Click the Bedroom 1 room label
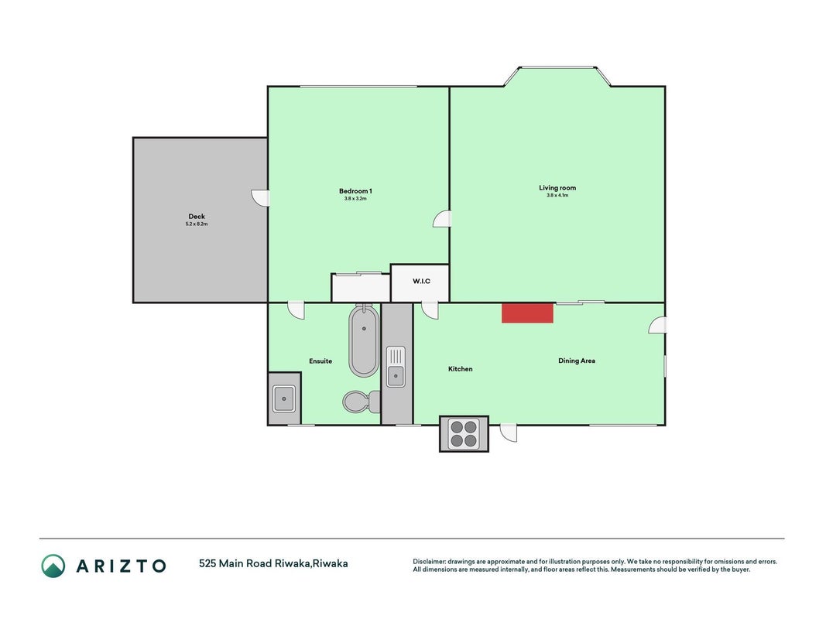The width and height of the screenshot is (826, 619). click(355, 191)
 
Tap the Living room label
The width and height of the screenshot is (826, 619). click(557, 188)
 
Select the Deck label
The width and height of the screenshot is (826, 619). click(197, 217)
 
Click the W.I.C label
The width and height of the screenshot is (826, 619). click(421, 281)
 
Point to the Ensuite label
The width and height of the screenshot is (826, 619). click(320, 361)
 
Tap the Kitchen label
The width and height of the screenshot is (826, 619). click(461, 369)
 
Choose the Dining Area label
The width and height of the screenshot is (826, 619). click(577, 361)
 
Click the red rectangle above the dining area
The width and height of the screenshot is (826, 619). click(527, 313)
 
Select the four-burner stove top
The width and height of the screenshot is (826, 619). click(464, 434)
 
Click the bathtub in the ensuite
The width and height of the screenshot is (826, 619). click(364, 340)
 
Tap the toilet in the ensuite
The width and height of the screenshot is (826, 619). click(362, 402)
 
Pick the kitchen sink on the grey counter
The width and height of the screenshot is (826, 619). click(396, 366)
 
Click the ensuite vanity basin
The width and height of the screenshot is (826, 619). click(284, 398)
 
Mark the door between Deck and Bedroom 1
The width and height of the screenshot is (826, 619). click(260, 198)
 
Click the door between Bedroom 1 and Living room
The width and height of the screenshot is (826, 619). click(442, 219)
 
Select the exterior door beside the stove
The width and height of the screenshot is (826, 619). click(509, 433)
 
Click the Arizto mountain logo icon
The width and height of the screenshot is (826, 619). click(53, 566)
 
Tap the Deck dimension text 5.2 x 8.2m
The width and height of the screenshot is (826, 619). click(197, 224)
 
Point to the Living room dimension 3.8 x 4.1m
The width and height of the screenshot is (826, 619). click(557, 195)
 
